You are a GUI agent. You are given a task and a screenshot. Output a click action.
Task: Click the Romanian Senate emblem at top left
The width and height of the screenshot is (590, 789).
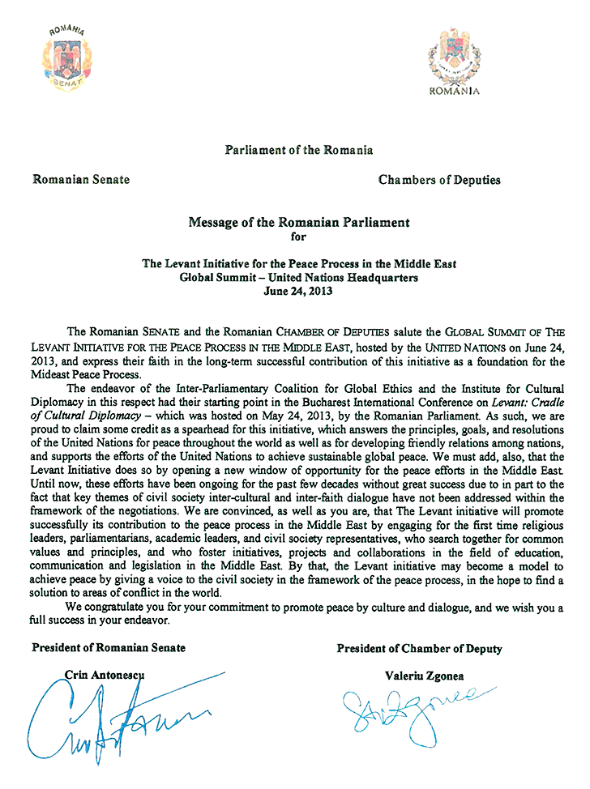tap(66, 58)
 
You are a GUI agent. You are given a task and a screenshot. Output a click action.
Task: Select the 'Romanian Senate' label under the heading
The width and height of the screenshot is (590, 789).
tap(80, 180)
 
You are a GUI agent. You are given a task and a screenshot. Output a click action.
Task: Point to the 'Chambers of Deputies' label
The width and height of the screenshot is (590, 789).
tap(439, 180)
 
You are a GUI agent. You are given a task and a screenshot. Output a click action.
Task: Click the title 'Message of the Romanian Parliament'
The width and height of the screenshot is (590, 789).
tap(299, 222)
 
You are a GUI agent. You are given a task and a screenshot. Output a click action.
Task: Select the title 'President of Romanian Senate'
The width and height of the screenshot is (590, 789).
tap(109, 647)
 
